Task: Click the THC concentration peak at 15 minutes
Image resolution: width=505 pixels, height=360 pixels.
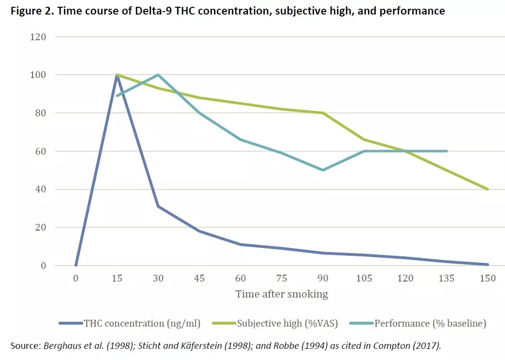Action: [x=117, y=76]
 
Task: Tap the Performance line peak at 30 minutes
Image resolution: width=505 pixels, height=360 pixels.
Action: [x=158, y=75]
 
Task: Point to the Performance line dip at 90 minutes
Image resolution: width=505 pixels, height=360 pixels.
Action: [x=323, y=170]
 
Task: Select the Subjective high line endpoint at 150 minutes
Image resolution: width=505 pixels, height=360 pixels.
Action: [x=488, y=189]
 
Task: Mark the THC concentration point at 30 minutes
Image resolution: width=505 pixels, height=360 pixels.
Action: [x=158, y=206]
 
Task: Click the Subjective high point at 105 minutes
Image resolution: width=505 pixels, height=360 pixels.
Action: [x=364, y=140]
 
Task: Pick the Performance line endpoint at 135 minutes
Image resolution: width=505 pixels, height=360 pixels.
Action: [x=446, y=151]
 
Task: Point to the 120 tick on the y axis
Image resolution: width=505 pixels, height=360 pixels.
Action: [x=39, y=37]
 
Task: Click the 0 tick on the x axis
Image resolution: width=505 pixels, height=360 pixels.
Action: [x=76, y=278]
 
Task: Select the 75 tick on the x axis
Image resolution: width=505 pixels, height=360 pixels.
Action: [x=282, y=278]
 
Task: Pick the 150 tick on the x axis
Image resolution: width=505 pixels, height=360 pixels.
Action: [x=488, y=278]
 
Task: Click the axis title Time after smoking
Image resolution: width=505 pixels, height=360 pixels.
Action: [x=281, y=294]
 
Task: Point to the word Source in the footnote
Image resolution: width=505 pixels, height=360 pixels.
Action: [x=25, y=345]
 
